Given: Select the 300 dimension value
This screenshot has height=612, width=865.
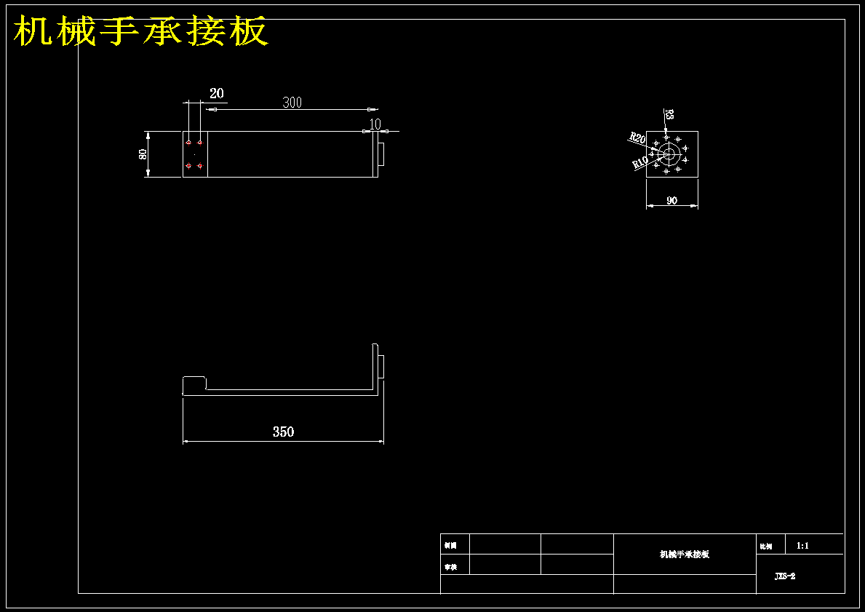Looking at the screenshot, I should coord(292,103).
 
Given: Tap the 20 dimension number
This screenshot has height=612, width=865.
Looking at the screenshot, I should coord(217,93).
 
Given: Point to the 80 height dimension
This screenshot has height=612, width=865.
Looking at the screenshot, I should coord(143,154).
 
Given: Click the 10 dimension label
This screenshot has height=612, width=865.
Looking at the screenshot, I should coord(375,124).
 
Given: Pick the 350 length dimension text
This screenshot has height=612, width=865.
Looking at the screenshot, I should coord(283,432).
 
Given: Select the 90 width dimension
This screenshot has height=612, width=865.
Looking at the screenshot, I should coord(671,200).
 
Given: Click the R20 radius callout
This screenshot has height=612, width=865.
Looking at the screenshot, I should coord(637,138).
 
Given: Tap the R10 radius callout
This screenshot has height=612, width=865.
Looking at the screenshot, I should coord(640,163).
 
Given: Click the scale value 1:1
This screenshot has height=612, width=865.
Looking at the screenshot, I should coord(803,545).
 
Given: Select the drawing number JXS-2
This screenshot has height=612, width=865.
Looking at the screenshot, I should coord(785,576).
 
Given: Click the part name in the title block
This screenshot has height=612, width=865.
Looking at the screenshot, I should coord(684,555).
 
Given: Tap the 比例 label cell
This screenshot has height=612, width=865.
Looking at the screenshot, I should coord(765,546).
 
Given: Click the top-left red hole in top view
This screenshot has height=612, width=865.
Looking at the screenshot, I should coord(188,143).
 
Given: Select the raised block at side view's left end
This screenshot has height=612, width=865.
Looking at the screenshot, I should coord(194,384).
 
